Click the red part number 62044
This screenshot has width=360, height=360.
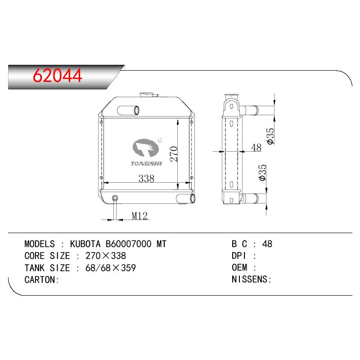point(58,75)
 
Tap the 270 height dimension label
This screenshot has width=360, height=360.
point(174,153)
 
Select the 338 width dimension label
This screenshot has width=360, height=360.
point(147,178)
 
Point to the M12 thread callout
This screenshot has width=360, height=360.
point(139,216)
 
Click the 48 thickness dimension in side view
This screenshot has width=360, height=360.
point(256,148)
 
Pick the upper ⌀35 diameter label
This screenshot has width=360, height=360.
point(271,136)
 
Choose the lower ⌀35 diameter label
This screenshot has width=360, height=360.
point(262,172)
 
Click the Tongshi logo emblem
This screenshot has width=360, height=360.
point(146,148)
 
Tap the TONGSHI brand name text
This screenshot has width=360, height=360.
point(146,163)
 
